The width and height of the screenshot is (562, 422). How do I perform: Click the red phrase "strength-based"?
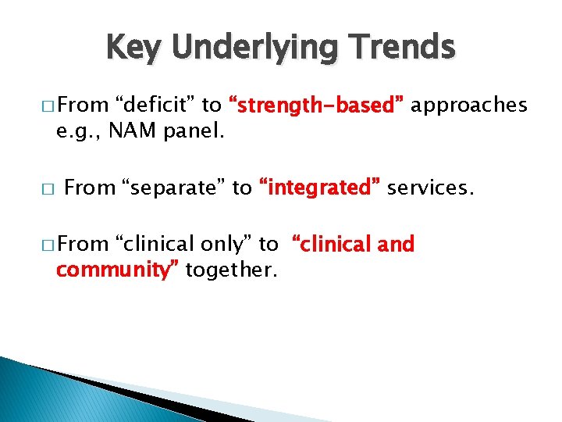(x=315, y=105)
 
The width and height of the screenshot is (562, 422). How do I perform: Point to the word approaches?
(x=469, y=105)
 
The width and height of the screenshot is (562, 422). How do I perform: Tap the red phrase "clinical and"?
(x=354, y=245)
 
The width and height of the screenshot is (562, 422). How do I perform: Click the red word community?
(x=117, y=270)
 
